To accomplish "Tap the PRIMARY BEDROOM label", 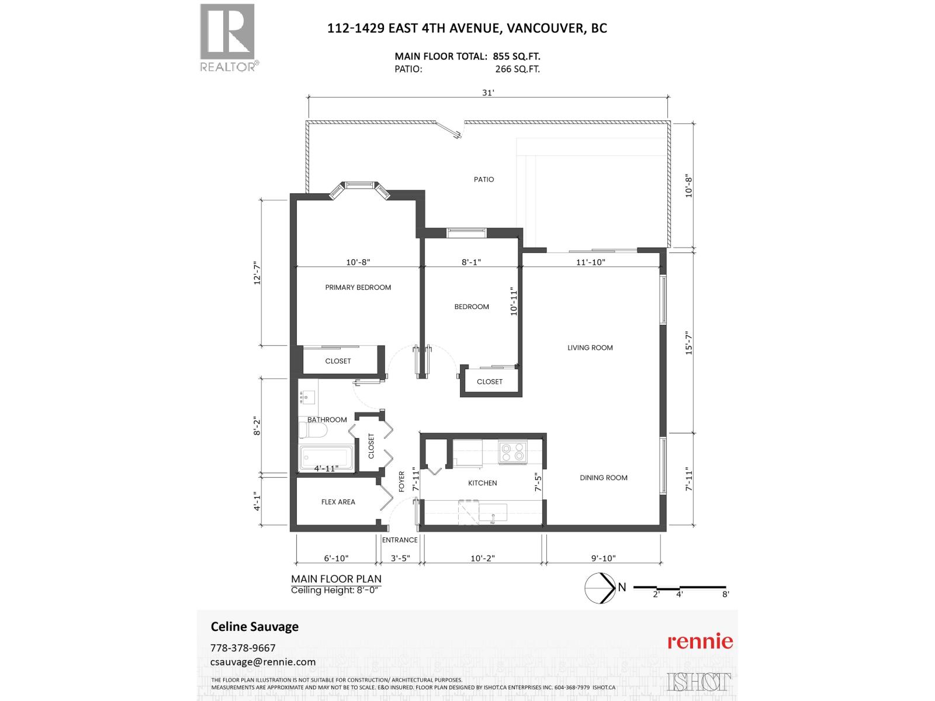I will (358, 287).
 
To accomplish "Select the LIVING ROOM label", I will (590, 348).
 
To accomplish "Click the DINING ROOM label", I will (603, 478).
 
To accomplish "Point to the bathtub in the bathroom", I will (326, 459).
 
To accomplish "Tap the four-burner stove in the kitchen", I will (512, 453).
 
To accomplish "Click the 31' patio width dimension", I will (489, 92).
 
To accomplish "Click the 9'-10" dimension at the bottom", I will (604, 558).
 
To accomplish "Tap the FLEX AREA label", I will (338, 502).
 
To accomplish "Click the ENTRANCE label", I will (400, 540).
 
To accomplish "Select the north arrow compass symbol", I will (599, 588).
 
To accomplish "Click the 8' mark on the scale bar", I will (725, 594).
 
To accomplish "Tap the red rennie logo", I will (700, 641).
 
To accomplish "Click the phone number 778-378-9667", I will (243, 648).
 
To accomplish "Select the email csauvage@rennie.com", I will (262, 662).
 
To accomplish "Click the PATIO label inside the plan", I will (484, 179).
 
